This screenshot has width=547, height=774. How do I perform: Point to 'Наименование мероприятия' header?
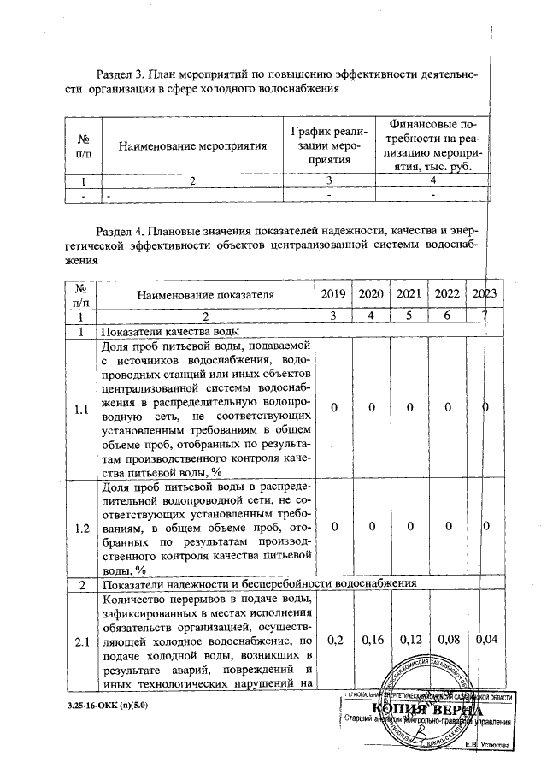click(192, 145)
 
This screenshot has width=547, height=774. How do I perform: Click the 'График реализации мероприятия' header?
click(329, 145)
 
